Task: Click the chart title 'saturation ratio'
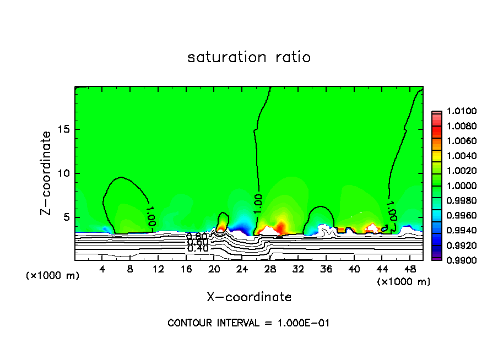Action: [249, 57]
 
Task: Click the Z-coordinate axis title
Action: [47, 173]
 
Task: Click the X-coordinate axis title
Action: [249, 297]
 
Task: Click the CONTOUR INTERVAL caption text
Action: [248, 323]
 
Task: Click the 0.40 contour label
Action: [197, 248]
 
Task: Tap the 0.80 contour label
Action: [197, 237]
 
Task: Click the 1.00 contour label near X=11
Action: [150, 216]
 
